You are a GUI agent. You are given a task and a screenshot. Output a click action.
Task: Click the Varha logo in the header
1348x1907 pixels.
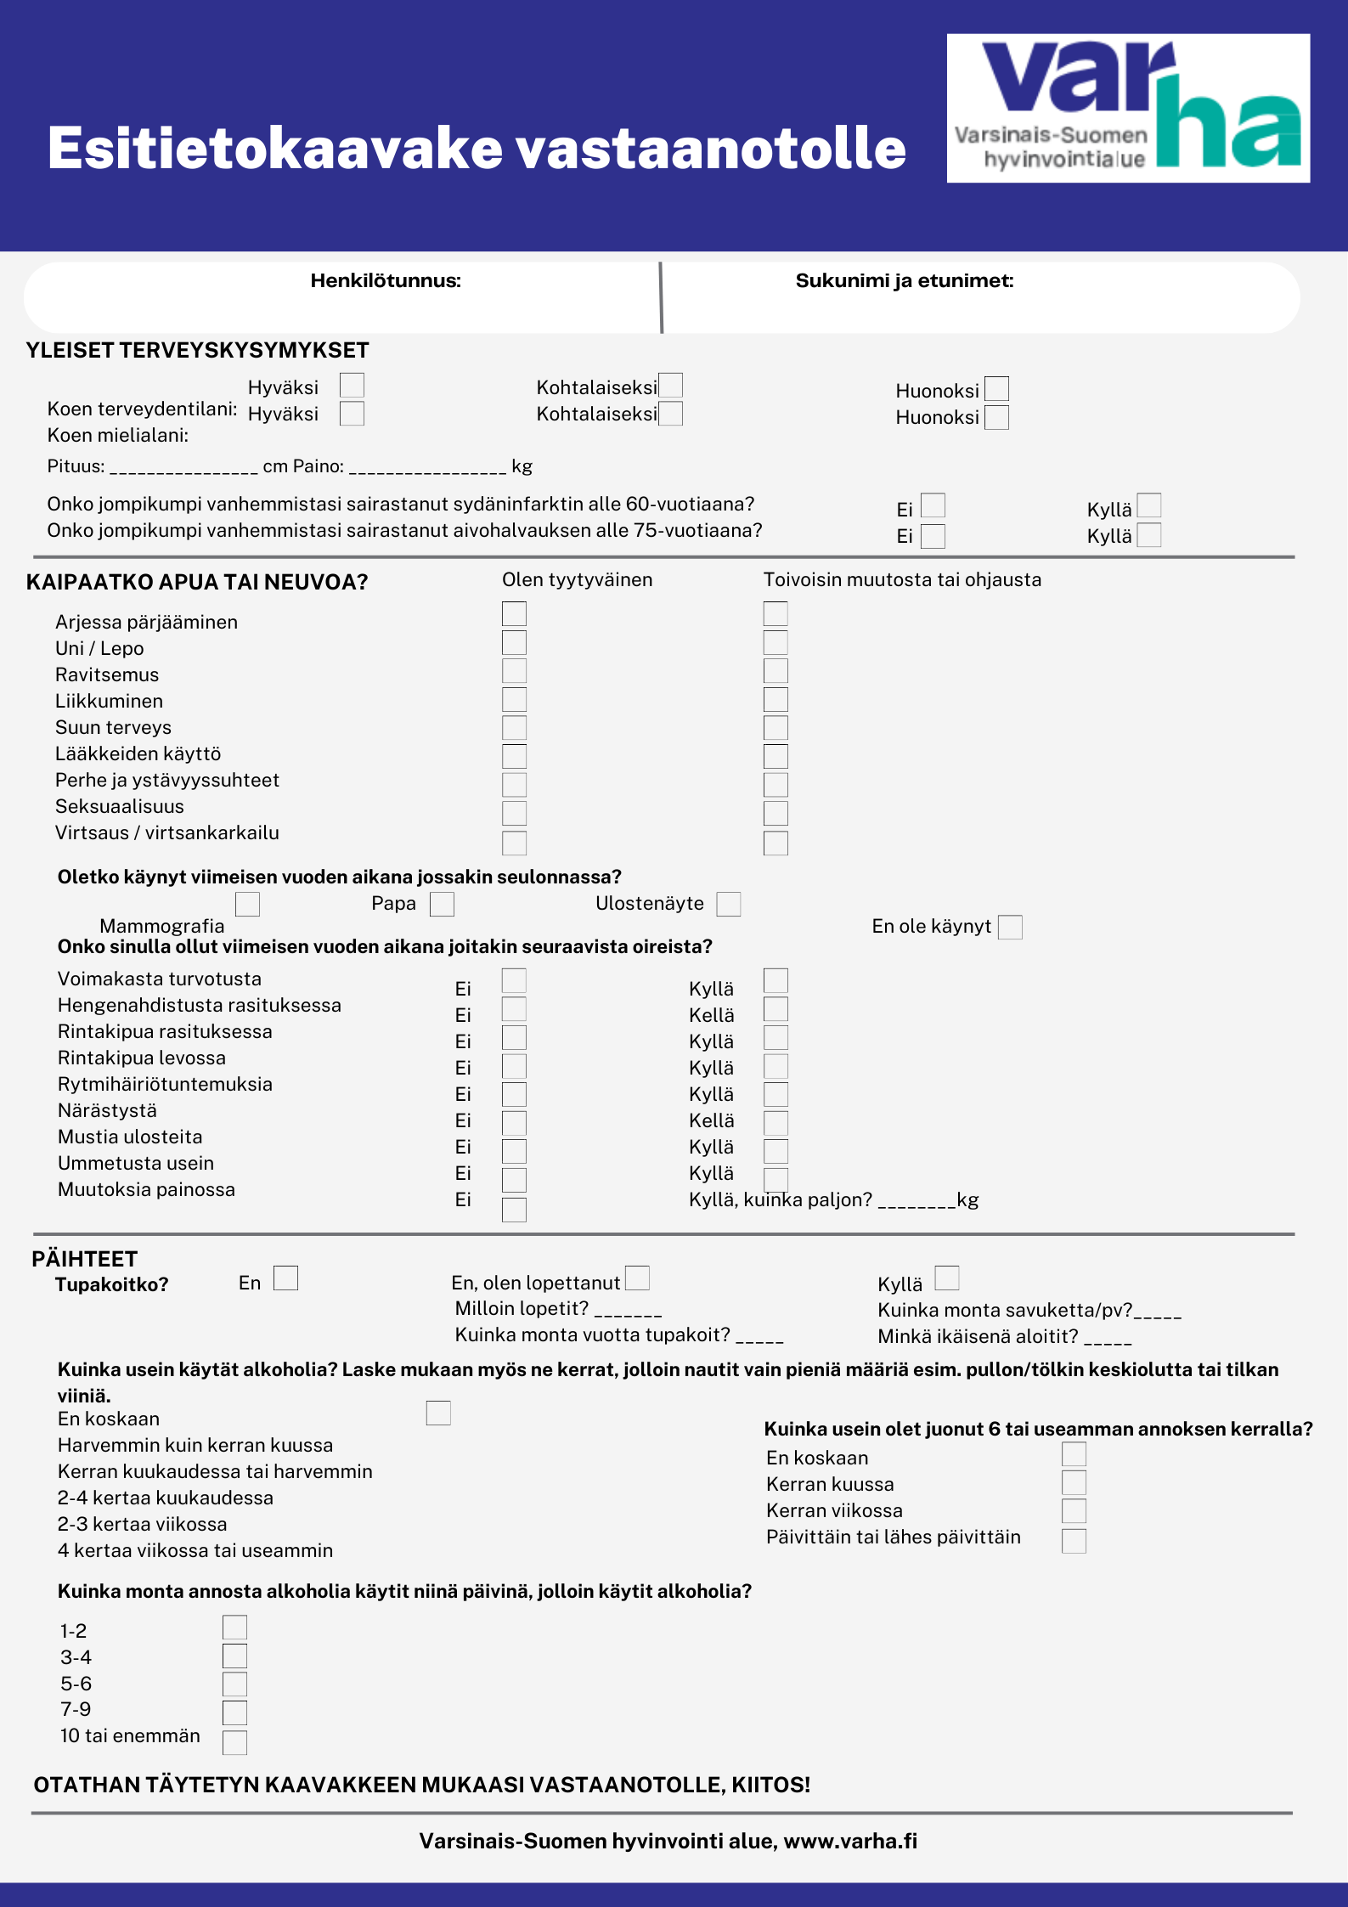(x=1128, y=108)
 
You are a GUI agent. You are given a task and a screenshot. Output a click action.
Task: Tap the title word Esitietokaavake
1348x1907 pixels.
(x=276, y=149)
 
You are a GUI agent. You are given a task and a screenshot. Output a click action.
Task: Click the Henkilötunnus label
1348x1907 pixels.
(x=386, y=281)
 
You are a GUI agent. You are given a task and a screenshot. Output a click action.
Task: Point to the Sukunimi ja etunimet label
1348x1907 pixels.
(x=905, y=281)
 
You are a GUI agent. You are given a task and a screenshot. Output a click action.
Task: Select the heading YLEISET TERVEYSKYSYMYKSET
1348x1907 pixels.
(x=197, y=351)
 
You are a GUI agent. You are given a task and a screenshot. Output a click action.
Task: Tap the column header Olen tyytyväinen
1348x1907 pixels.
(x=577, y=580)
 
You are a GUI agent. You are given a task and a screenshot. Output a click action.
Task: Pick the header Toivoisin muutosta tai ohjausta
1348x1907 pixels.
(x=902, y=580)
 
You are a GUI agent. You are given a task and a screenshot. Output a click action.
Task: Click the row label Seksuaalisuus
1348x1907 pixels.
(x=120, y=807)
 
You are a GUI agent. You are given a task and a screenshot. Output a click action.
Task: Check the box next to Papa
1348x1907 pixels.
(x=442, y=904)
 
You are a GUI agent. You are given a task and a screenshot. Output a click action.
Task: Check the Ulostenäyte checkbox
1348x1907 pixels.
(x=729, y=904)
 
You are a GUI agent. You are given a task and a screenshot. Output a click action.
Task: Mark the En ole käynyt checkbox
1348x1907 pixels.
(x=1010, y=927)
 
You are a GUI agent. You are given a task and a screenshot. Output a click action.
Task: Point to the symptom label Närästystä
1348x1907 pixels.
(x=107, y=1111)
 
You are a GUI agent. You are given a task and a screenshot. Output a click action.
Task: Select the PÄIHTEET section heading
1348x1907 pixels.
(x=84, y=1259)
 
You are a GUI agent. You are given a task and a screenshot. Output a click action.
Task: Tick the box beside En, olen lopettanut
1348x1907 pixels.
(x=637, y=1278)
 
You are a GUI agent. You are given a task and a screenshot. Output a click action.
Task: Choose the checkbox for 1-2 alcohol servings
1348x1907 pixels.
(x=234, y=1628)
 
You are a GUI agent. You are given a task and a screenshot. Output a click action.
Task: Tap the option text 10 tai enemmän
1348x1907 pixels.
(x=130, y=1735)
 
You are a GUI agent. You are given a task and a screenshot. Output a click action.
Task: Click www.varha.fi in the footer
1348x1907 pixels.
(x=850, y=1842)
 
